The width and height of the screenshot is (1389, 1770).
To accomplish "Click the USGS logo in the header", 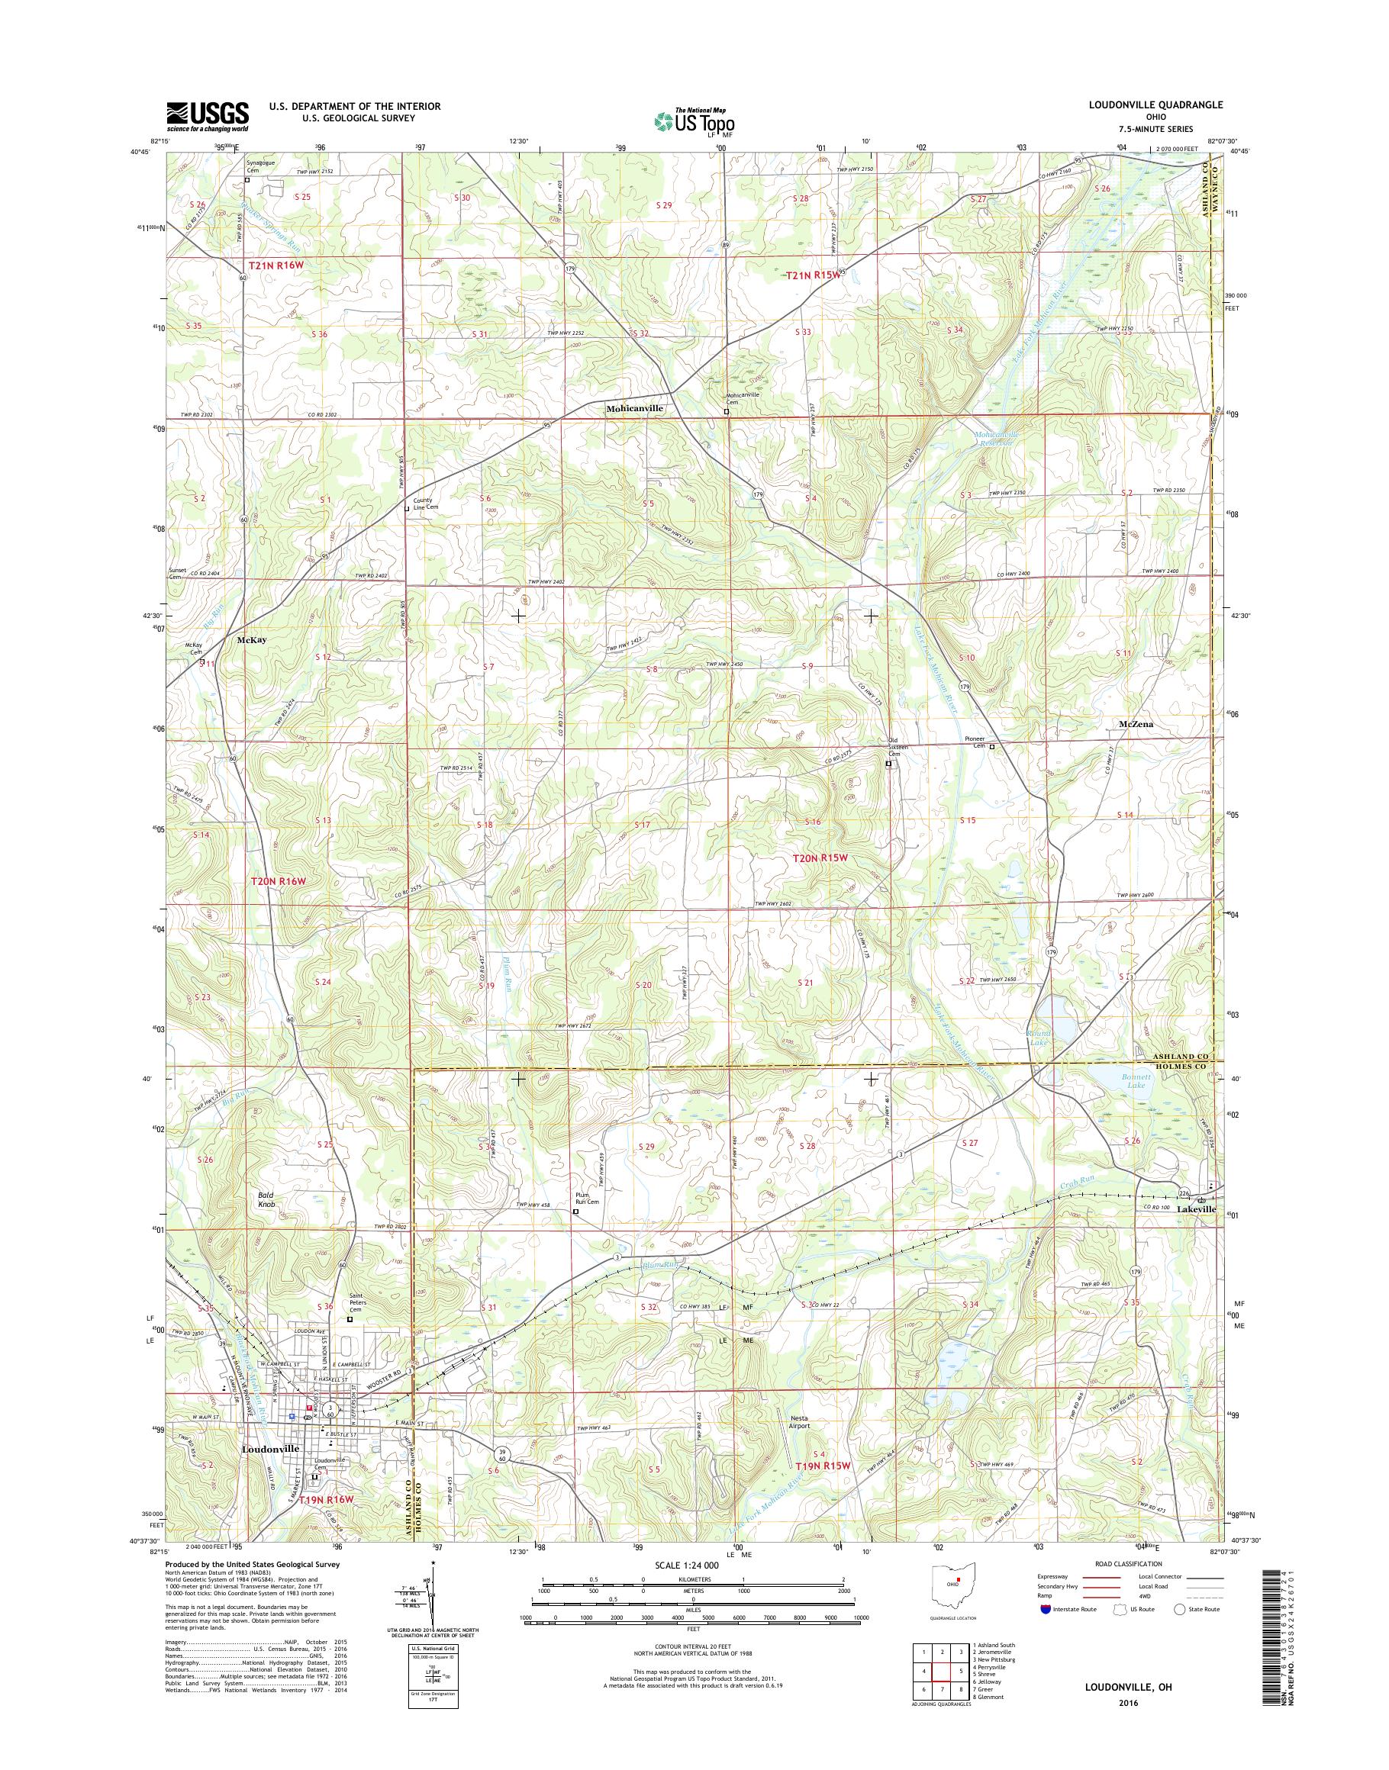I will pyautogui.click(x=208, y=116).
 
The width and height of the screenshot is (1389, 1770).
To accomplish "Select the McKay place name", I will pyautogui.click(x=251, y=640).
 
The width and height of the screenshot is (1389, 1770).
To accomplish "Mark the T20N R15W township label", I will pyautogui.click(x=820, y=857).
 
